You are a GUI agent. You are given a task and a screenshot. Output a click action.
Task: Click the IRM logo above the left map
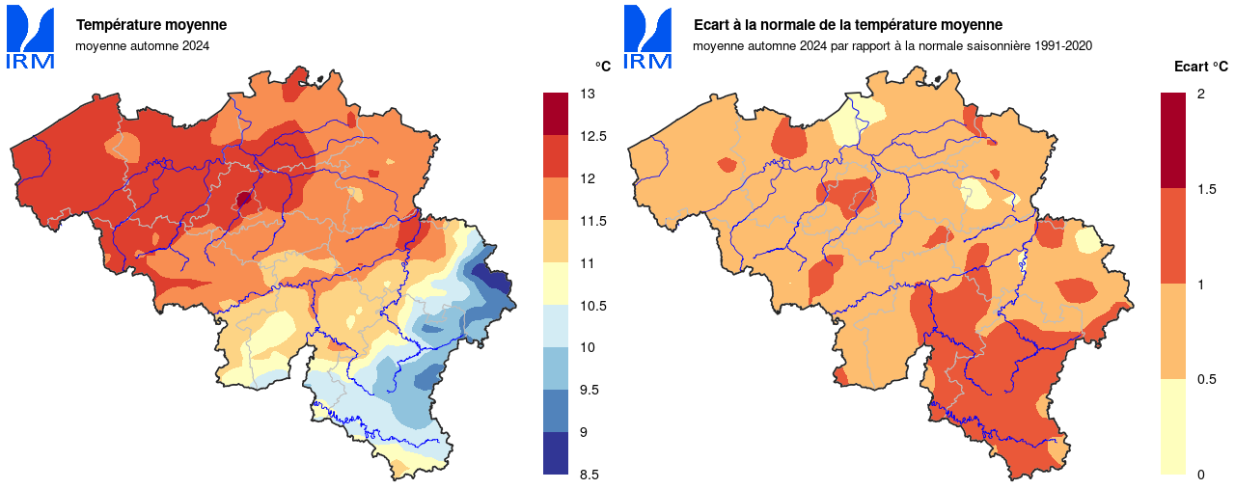pos(30,37)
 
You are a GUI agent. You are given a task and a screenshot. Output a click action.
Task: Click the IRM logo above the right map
pos(647,37)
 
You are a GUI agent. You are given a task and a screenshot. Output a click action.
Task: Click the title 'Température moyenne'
pos(151,25)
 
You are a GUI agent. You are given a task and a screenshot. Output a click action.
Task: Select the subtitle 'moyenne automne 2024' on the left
pos(142,45)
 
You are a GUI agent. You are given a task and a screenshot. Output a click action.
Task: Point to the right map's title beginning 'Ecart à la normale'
pos(848,25)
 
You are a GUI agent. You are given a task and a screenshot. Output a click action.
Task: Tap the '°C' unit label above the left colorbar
pos(602,67)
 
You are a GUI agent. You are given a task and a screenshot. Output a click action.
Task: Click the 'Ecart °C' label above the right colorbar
pos(1200,67)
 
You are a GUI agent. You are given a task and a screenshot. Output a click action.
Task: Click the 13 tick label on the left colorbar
pos(587,95)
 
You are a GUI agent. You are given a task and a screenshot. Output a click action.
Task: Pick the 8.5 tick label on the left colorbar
pos(590,475)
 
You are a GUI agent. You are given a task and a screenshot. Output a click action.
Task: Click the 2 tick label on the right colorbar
pos(1200,95)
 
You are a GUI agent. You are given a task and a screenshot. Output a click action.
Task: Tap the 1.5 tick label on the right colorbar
pos(1205,189)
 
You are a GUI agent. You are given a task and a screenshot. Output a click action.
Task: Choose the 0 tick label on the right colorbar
pos(1200,475)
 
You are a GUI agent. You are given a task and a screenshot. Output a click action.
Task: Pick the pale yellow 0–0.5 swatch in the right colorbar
pos(1172,426)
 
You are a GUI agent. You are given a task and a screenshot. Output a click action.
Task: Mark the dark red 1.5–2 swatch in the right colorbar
pos(1172,140)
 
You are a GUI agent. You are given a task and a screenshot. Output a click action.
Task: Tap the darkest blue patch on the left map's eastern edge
pos(497,282)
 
